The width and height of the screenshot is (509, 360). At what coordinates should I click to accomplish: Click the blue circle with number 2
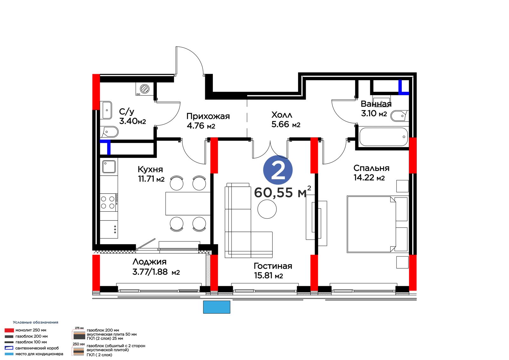pyautogui.click(x=278, y=170)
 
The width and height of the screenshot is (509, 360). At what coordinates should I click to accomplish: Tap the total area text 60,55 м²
pyautogui.click(x=282, y=192)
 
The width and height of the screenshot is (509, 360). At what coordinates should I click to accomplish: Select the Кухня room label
pyautogui.click(x=150, y=169)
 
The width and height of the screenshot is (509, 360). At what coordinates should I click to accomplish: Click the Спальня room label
pyautogui.click(x=371, y=168)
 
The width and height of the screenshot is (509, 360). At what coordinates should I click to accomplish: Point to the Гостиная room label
pyautogui.click(x=273, y=266)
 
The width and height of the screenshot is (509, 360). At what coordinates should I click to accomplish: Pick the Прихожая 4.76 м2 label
pyautogui.click(x=208, y=121)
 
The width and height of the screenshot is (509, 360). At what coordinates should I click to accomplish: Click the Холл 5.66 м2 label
pyautogui.click(x=286, y=119)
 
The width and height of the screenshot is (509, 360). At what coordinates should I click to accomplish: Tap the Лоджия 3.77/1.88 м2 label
pyautogui.click(x=156, y=267)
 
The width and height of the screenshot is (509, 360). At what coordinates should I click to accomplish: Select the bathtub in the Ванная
pyautogui.click(x=384, y=137)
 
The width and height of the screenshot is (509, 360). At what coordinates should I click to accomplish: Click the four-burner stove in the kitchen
pyautogui.click(x=109, y=202)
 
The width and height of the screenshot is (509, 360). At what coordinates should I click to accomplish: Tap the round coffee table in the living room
pyautogui.click(x=267, y=209)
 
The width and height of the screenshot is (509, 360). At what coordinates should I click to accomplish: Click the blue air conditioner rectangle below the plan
pyautogui.click(x=217, y=307)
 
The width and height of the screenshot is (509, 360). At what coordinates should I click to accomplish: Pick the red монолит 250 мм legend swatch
pyautogui.click(x=9, y=330)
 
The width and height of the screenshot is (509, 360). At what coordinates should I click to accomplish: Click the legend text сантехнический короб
pyautogui.click(x=37, y=348)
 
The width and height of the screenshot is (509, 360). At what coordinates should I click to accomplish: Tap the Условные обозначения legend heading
pyautogui.click(x=35, y=322)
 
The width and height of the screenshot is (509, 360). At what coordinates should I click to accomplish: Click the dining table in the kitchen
pyautogui.click(x=188, y=203)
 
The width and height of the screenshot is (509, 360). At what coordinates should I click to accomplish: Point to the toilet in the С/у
pyautogui.click(x=110, y=132)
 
